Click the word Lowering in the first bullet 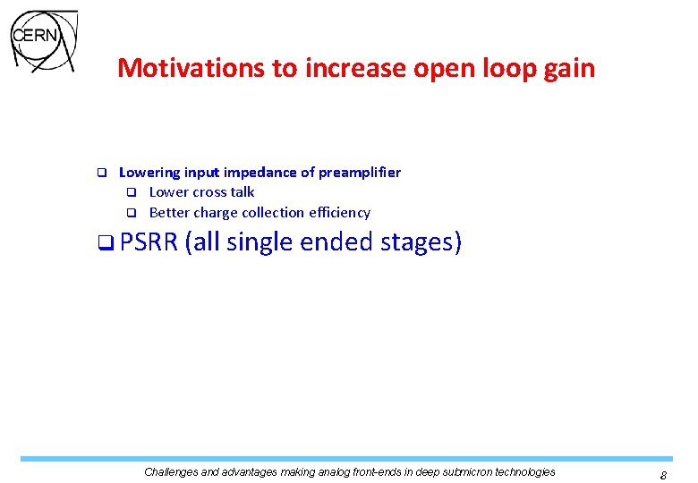point(149,172)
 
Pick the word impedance point(257,172)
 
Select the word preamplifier point(358,172)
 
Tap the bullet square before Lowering point(101,172)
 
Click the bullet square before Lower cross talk point(131,192)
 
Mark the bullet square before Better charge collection point(131,213)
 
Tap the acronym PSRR point(148,242)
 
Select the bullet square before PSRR point(106,243)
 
